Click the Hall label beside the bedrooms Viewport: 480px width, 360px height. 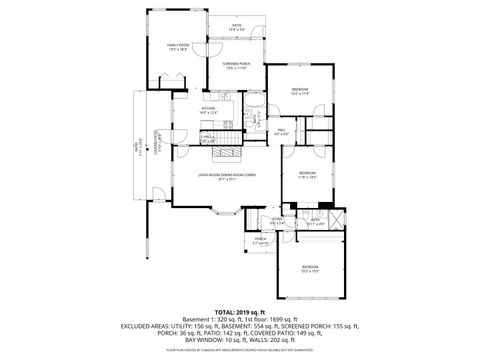(282, 130)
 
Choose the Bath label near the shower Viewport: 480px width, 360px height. (314, 222)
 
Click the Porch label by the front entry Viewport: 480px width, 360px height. (261, 241)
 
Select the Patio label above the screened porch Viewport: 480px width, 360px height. (237, 27)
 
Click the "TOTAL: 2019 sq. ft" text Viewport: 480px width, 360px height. (240, 311)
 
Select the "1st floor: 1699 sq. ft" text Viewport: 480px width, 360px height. (271, 318)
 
